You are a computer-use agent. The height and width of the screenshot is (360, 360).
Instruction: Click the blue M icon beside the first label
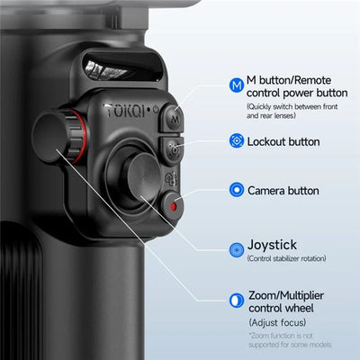[237, 85]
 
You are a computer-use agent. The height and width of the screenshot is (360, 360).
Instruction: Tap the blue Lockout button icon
[236, 141]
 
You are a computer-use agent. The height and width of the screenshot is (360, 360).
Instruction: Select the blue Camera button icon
[236, 190]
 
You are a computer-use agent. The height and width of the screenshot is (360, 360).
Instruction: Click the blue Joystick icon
[236, 245]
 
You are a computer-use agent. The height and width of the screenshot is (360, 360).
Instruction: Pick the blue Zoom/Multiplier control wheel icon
[236, 299]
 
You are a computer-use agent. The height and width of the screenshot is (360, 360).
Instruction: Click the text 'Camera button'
[283, 190]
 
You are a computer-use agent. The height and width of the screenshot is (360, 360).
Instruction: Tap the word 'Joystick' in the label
[272, 244]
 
